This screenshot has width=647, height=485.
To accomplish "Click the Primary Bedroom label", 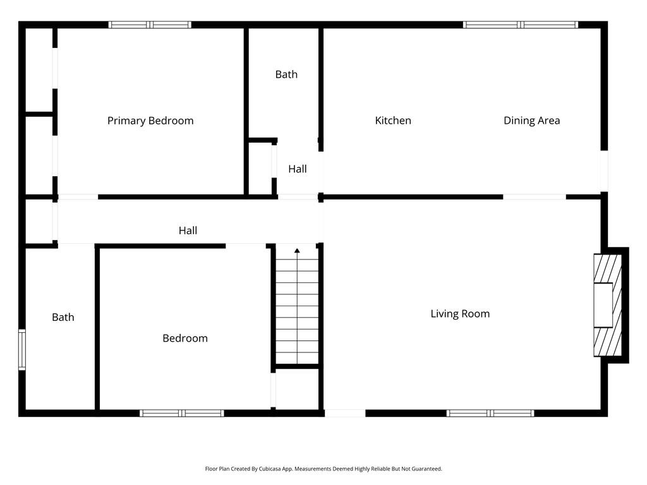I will point(150,121).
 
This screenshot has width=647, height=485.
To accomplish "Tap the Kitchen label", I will point(393,121).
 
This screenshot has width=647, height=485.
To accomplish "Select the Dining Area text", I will point(531,121).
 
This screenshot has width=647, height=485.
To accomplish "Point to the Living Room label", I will point(460,314).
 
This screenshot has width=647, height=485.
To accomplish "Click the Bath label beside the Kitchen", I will point(286,75).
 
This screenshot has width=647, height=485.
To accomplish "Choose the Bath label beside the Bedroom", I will point(63,317).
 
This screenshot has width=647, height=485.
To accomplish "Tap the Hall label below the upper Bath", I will point(298,169).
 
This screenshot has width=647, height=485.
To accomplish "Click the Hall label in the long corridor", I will point(188,231).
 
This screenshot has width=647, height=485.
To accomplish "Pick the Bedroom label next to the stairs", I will point(185,338).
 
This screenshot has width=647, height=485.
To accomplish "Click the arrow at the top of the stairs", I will point(297,251).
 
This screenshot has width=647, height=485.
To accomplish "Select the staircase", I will point(297,309).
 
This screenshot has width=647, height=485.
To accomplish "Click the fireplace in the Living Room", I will point(608,304).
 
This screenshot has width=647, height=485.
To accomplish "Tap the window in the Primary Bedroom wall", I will point(150,25).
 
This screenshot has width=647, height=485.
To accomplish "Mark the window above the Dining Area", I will point(521,25).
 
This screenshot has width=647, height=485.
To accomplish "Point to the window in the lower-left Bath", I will point(21,350).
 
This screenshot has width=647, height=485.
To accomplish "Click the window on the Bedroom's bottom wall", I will point(182,413).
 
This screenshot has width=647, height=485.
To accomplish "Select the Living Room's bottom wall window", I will point(490,413).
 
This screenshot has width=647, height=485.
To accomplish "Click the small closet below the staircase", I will point(297,389).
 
